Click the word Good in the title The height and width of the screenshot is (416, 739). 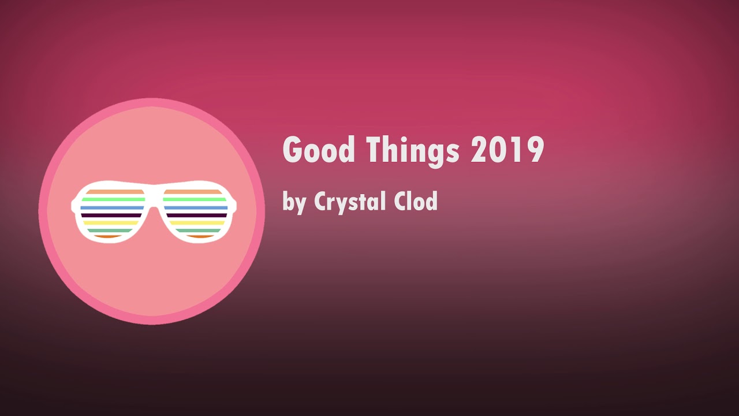(319, 150)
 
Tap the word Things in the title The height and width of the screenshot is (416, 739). (413, 152)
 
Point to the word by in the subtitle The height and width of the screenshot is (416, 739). (294, 202)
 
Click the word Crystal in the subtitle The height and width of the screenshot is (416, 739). (350, 202)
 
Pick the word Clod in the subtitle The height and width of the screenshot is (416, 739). (416, 200)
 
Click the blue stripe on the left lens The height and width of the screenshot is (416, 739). (112, 207)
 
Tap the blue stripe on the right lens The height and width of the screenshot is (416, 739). (196, 207)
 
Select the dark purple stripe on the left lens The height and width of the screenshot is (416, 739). (111, 216)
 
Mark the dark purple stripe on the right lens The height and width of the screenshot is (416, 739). (197, 216)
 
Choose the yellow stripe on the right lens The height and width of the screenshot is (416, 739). (197, 223)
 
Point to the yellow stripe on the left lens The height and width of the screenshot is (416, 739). (110, 223)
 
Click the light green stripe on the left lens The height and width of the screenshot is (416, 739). (113, 199)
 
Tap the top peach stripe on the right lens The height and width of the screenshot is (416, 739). (193, 192)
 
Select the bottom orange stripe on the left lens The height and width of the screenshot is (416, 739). (107, 236)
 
